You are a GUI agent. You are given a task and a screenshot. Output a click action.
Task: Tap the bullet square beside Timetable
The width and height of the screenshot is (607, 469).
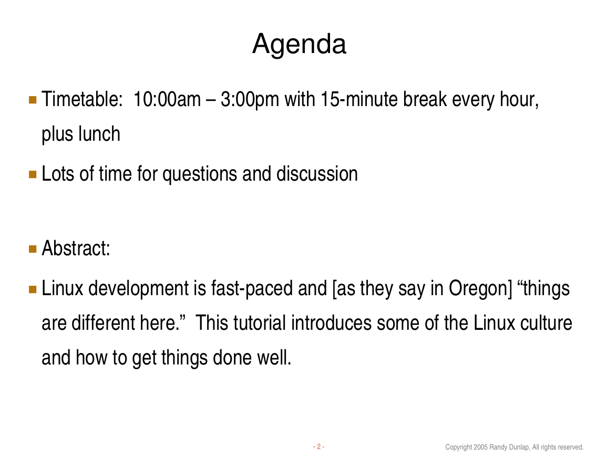click(33, 100)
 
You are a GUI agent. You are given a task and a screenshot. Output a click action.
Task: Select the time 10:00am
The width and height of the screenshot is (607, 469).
click(167, 99)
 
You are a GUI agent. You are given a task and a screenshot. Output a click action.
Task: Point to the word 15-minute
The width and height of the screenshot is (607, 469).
click(359, 99)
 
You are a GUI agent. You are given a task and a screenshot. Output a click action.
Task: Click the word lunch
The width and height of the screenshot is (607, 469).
click(99, 134)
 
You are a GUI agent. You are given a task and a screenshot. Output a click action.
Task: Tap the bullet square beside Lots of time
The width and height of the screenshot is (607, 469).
click(33, 174)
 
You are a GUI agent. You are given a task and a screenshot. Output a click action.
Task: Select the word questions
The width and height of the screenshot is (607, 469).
click(200, 174)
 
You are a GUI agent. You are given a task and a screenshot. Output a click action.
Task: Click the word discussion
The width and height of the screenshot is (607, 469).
click(317, 174)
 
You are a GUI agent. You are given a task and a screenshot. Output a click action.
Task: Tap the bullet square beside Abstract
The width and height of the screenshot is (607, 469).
click(33, 249)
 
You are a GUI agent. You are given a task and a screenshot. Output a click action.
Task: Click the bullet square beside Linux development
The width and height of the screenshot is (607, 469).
click(33, 289)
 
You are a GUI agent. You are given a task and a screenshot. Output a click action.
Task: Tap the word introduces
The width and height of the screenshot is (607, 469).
click(331, 323)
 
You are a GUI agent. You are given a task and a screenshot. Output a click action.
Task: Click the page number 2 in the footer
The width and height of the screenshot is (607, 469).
click(318, 447)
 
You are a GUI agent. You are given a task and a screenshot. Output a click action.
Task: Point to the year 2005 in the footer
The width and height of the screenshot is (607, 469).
click(480, 447)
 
